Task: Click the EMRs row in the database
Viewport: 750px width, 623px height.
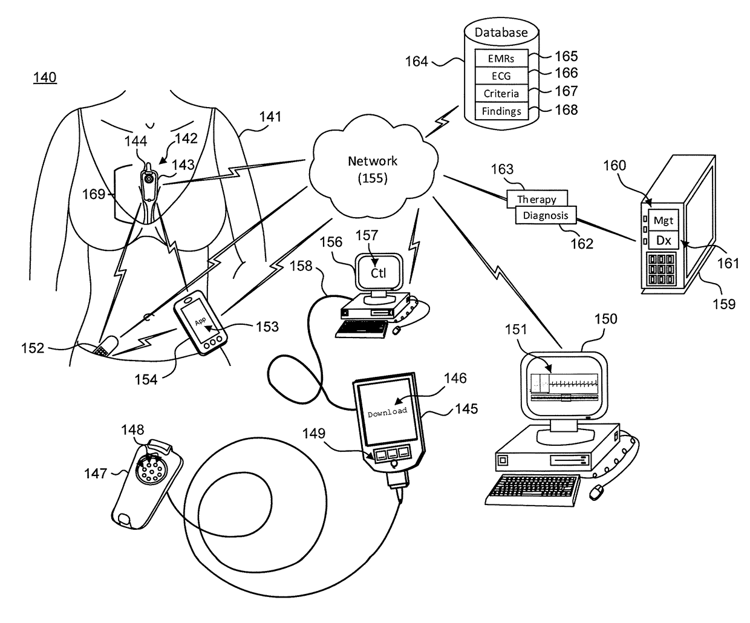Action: pyautogui.click(x=501, y=58)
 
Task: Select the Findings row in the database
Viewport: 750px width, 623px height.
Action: pyautogui.click(x=501, y=111)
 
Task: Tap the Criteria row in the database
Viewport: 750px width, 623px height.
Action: pyautogui.click(x=501, y=93)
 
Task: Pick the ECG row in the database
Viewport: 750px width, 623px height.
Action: pyautogui.click(x=501, y=76)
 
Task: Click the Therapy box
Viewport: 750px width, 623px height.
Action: pyautogui.click(x=536, y=198)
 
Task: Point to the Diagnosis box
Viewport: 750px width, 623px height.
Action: pyautogui.click(x=546, y=215)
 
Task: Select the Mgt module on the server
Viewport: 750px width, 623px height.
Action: pyautogui.click(x=663, y=220)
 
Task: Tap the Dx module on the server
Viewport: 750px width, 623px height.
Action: pyautogui.click(x=663, y=240)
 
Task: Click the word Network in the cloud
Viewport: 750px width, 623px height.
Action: pyautogui.click(x=373, y=161)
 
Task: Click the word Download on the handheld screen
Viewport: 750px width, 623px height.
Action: pyautogui.click(x=387, y=412)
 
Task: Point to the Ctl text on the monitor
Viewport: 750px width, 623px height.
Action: pyautogui.click(x=378, y=273)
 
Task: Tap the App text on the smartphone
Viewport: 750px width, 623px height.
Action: pyautogui.click(x=200, y=321)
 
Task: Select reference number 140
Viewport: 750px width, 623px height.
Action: pyautogui.click(x=45, y=77)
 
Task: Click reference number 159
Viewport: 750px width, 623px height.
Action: pyautogui.click(x=724, y=304)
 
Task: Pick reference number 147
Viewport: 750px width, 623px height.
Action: pyautogui.click(x=96, y=474)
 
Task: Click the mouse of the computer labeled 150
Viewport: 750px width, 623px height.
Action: pyautogui.click(x=596, y=492)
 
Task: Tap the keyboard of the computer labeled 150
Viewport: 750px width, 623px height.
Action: pyautogui.click(x=533, y=491)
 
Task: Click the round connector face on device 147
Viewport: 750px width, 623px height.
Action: pyautogui.click(x=151, y=469)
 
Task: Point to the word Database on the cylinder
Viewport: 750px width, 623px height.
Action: pyautogui.click(x=501, y=32)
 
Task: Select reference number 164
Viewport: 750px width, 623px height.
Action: pyautogui.click(x=416, y=62)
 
